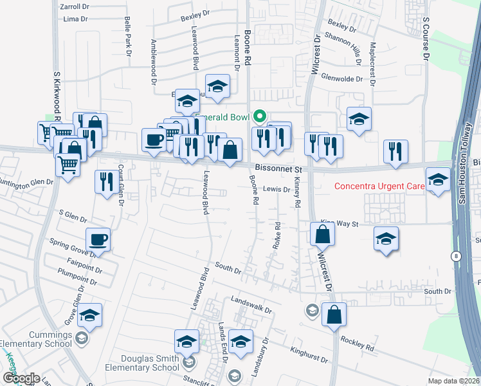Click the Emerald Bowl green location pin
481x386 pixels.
coord(260,116)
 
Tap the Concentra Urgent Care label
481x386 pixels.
coord(379,187)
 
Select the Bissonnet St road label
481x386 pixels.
coord(278,167)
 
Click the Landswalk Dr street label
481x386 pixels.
coord(251,305)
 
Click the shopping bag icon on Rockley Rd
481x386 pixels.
coord(334,315)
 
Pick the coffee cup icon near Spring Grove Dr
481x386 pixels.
coord(98,239)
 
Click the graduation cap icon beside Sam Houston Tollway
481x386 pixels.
coord(438,181)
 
